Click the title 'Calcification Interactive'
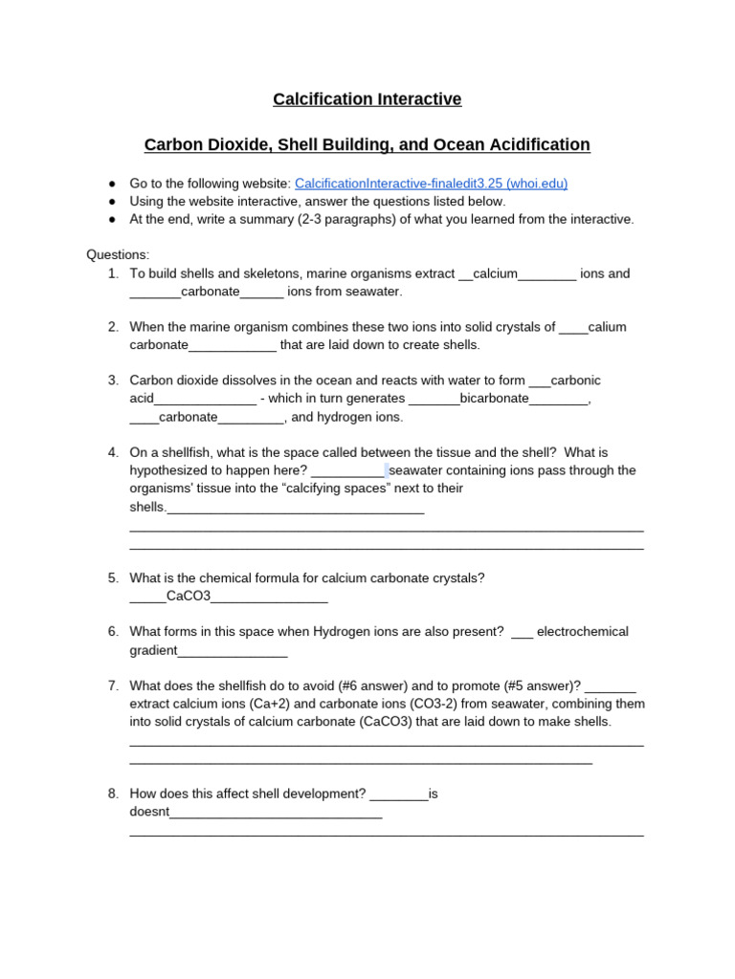[x=367, y=99]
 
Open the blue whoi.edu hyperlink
[x=437, y=184]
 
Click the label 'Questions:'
[x=118, y=255]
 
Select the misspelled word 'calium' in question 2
[x=607, y=327]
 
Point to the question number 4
[x=113, y=452]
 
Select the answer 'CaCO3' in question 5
[x=188, y=598]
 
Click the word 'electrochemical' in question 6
[x=583, y=632]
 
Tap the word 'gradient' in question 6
[x=154, y=651]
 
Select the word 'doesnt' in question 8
[x=149, y=812]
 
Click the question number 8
[x=113, y=794]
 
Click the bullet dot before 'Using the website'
[x=112, y=202]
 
